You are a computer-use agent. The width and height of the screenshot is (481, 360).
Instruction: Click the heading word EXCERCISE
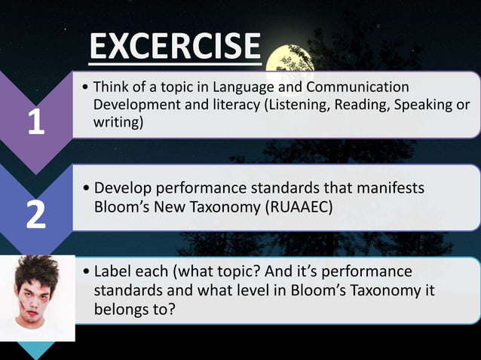[175, 47]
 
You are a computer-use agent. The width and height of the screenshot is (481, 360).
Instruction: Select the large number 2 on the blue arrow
[36, 215]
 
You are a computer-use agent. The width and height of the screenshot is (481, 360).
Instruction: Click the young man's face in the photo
[37, 297]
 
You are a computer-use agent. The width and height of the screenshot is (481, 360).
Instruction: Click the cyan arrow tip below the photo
[37, 350]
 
